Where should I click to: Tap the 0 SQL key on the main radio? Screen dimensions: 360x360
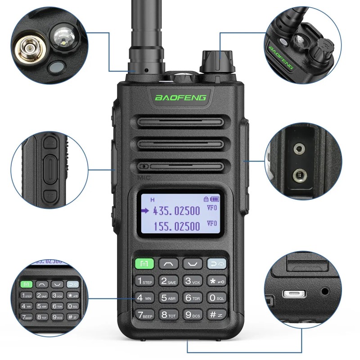point(216,297)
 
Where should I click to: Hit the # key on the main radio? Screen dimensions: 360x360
point(216,315)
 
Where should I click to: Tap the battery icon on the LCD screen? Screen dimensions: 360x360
point(216,198)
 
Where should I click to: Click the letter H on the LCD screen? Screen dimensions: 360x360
point(152,199)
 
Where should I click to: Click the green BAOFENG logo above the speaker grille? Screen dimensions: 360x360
point(180,97)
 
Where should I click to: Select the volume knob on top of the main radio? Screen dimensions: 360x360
point(217,61)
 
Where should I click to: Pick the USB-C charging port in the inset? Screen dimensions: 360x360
point(294,294)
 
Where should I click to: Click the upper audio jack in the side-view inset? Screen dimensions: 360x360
point(298,149)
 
